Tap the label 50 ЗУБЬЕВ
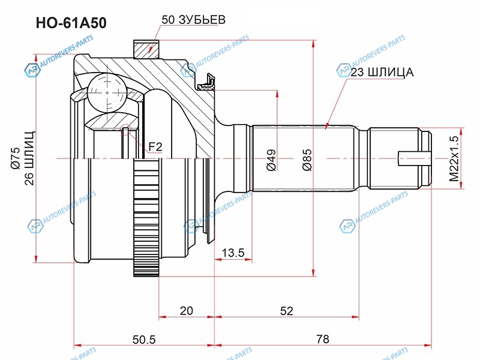(193, 19)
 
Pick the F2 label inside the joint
(156, 146)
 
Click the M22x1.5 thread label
(454, 158)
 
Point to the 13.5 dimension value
(233, 253)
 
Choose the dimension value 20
(187, 310)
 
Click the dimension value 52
(286, 310)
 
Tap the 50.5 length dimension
(144, 339)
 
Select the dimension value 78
(323, 339)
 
